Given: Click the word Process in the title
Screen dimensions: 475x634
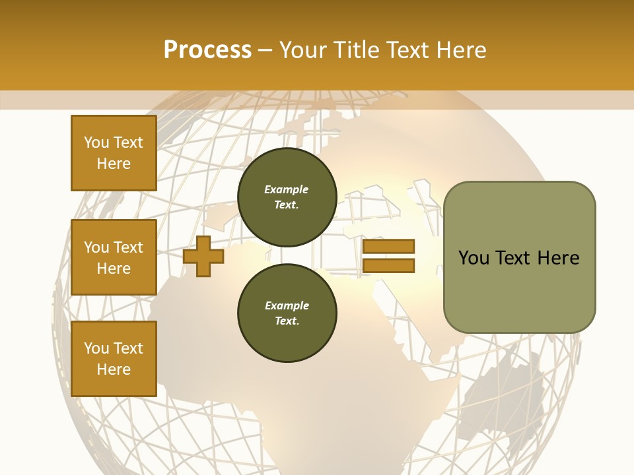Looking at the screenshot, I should [x=207, y=50].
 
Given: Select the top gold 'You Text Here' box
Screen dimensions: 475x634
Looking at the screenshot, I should [x=114, y=153].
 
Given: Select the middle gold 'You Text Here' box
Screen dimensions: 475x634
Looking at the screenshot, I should [x=114, y=257].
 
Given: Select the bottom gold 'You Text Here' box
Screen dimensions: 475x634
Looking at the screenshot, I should [x=114, y=359].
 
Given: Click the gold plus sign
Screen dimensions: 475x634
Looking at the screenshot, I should [x=203, y=255].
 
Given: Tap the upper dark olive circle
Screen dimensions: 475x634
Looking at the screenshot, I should [x=287, y=197].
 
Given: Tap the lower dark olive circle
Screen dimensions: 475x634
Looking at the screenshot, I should [x=287, y=313].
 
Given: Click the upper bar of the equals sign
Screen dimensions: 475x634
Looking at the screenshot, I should [x=388, y=247].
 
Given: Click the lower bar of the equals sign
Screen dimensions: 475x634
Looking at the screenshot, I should [x=388, y=266].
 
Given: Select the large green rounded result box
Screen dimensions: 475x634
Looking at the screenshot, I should [x=519, y=257].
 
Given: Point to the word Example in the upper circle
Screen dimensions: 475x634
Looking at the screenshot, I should [x=286, y=189].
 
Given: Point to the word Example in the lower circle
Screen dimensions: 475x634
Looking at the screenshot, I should [x=287, y=305].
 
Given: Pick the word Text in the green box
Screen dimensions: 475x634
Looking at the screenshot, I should [x=512, y=258].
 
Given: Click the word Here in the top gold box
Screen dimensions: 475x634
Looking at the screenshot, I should [x=114, y=164].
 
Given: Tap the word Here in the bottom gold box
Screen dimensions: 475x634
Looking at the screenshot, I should [x=114, y=369].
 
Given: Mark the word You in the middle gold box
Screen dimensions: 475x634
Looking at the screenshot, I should [x=96, y=247].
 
